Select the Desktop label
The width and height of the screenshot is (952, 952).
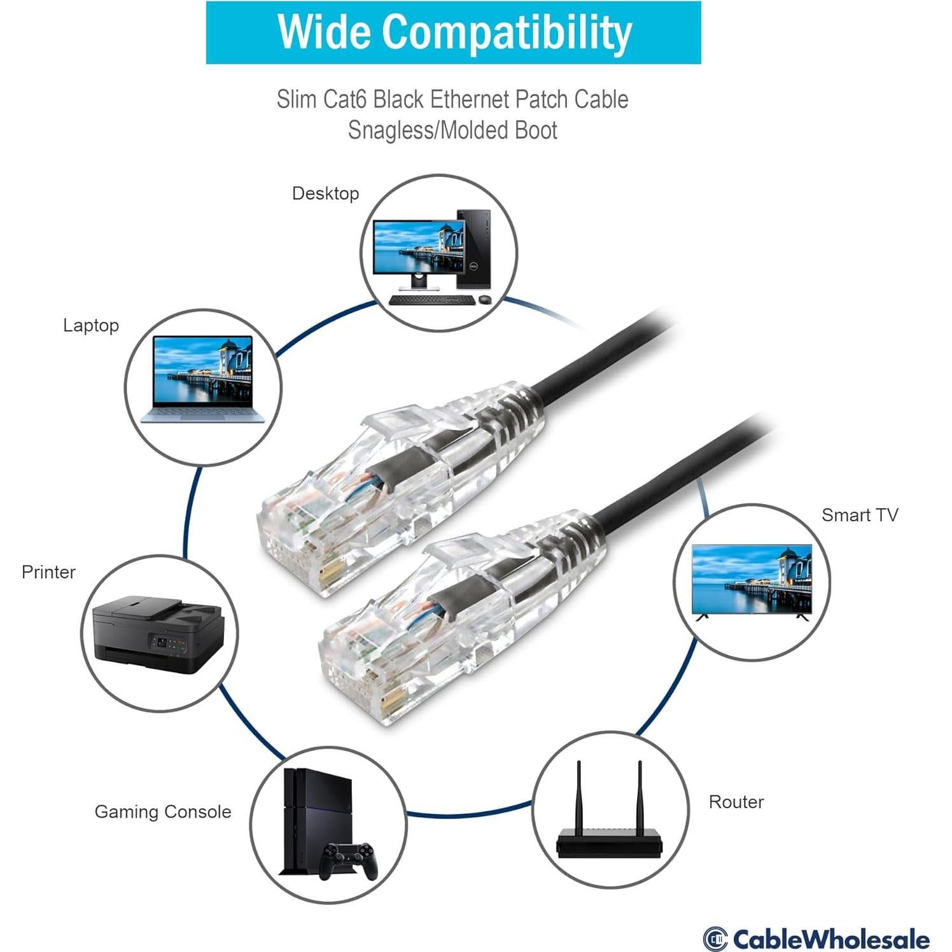(325, 193)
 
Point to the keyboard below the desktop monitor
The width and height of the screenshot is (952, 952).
(431, 300)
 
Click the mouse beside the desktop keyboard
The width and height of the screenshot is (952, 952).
(486, 299)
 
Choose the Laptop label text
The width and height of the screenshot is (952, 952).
(91, 325)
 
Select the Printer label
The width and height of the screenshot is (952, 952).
(48, 572)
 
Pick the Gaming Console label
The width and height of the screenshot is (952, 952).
(163, 812)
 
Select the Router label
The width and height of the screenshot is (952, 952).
(736, 802)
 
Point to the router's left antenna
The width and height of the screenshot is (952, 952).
(579, 795)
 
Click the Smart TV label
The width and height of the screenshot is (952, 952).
(860, 515)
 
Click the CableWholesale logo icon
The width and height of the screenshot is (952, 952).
(715, 939)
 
